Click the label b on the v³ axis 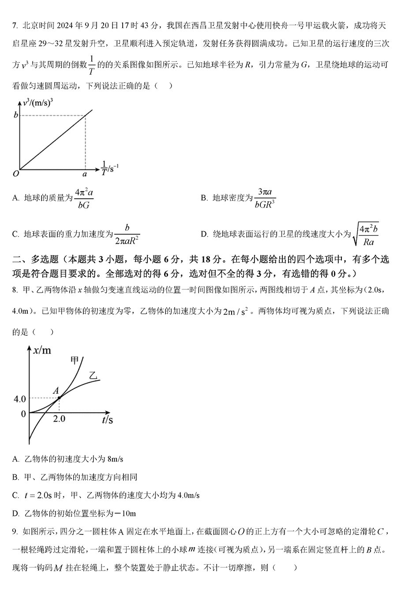tap(16, 115)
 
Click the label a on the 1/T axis tap(85, 174)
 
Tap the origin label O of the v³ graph tap(16, 174)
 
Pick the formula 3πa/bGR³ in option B tap(265, 198)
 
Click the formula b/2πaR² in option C tap(127, 234)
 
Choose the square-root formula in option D tap(366, 234)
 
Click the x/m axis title tap(42, 351)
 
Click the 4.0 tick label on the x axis tap(20, 399)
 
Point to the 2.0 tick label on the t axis tap(59, 419)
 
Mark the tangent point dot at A tap(59, 398)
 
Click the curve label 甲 tap(75, 360)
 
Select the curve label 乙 tap(93, 376)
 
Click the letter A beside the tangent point tap(56, 390)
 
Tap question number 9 tap(15, 531)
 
